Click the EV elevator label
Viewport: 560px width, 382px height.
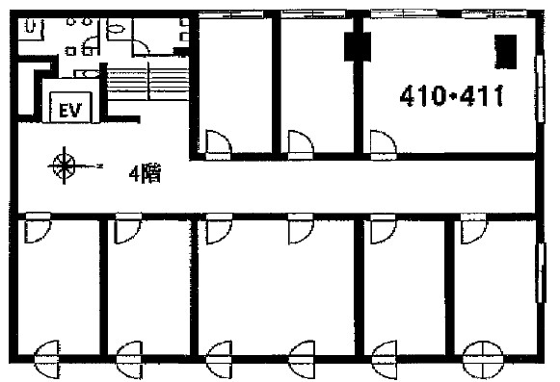pyautogui.click(x=70, y=110)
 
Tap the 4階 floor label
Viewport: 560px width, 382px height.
pyautogui.click(x=145, y=174)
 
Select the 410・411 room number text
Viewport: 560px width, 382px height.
pyautogui.click(x=451, y=96)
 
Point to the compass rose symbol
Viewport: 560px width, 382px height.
pyautogui.click(x=65, y=166)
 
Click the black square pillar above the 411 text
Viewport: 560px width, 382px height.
pyautogui.click(x=505, y=52)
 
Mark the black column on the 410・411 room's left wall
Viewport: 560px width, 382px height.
pyautogui.click(x=358, y=47)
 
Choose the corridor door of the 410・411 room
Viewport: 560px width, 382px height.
pyautogui.click(x=384, y=144)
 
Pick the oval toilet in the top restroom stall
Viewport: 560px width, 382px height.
pyautogui.click(x=117, y=28)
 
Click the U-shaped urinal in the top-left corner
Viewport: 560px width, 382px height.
pyautogui.click(x=32, y=26)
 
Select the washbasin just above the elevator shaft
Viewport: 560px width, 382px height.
pyautogui.click(x=87, y=74)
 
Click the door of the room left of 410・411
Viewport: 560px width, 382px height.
pyautogui.click(x=301, y=144)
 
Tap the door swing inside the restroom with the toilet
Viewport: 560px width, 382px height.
pyautogui.click(x=140, y=47)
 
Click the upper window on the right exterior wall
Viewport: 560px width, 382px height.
pyautogui.click(x=541, y=89)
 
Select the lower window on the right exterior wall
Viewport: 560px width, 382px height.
pyautogui.click(x=542, y=272)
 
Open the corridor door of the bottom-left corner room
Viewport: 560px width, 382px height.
pyautogui.click(x=38, y=228)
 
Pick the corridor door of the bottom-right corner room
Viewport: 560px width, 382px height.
pyautogui.click(x=473, y=228)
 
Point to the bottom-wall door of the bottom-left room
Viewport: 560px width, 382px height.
pyautogui.click(x=47, y=359)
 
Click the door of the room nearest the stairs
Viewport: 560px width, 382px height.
pyautogui.click(x=219, y=144)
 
